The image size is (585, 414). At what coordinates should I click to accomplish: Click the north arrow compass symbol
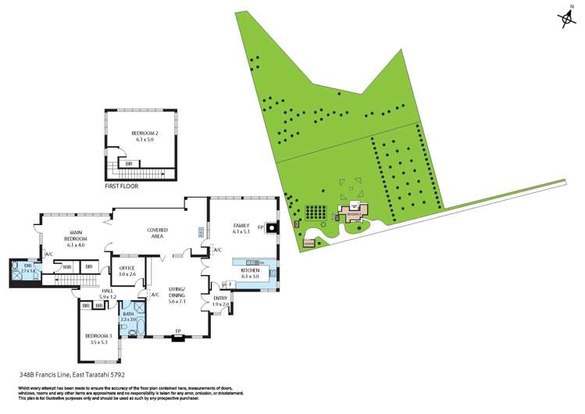(x=565, y=20)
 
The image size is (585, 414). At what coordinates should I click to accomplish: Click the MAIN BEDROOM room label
(x=76, y=235)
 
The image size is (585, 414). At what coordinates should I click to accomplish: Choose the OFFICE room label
(x=127, y=270)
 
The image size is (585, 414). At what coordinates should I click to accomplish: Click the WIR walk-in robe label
(x=67, y=267)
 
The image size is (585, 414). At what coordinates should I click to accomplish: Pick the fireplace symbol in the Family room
(x=270, y=229)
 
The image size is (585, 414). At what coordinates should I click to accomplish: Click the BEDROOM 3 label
(x=99, y=339)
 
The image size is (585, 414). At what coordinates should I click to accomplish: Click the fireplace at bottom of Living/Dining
(x=178, y=337)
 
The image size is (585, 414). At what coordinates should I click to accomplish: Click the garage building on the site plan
(x=309, y=242)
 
